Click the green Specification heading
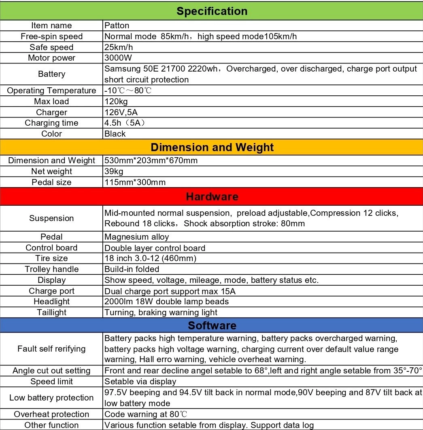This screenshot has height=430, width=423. [212, 11]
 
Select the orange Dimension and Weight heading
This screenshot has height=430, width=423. [212, 148]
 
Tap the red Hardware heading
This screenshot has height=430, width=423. [212, 197]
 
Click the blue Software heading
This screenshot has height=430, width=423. [212, 326]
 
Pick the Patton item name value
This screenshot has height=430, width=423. [117, 25]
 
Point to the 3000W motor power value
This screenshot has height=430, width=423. [118, 58]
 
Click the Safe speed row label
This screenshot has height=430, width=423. [51, 47]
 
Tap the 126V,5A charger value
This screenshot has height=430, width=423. [121, 112]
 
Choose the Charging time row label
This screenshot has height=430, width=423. [51, 123]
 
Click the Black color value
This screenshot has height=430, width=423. [115, 134]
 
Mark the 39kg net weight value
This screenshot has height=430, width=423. [114, 171]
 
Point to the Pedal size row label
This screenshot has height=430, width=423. [51, 182]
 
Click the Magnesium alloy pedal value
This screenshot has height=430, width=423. [137, 237]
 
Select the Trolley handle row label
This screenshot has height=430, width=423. [51, 269]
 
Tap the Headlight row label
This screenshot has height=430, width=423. [51, 301]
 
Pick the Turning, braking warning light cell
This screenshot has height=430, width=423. [161, 312]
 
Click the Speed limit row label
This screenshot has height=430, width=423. [51, 382]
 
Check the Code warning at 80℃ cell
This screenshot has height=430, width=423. [146, 414]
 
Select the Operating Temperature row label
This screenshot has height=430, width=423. [51, 91]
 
